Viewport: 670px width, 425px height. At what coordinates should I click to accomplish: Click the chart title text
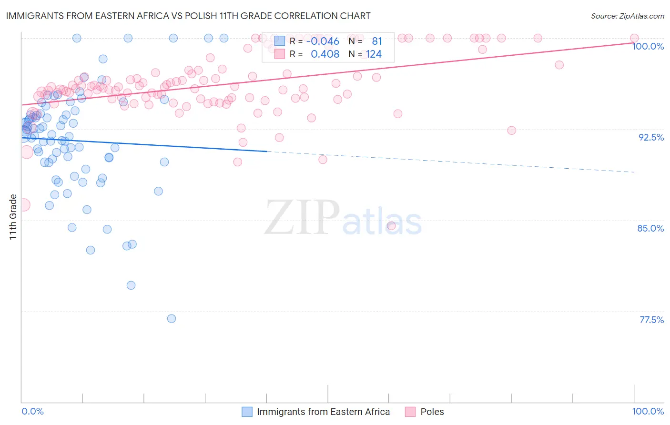[x=188, y=16]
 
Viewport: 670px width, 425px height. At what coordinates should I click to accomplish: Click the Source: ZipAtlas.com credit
[x=627, y=16]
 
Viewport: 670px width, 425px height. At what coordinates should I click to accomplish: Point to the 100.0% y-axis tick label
[x=648, y=46]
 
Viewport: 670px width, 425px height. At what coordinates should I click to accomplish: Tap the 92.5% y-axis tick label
[x=651, y=137]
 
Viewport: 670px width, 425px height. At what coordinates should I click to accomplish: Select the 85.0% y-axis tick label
[x=650, y=228]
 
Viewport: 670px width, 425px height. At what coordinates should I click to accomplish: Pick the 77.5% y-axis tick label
[x=651, y=320]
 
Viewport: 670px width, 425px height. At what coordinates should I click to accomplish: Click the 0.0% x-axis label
[x=32, y=411]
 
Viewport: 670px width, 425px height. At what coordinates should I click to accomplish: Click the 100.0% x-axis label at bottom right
[x=648, y=411]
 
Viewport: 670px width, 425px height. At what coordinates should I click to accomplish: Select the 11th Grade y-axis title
[x=13, y=217]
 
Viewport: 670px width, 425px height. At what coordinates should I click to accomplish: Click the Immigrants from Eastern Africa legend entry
[x=323, y=412]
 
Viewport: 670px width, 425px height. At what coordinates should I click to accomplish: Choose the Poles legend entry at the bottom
[x=432, y=412]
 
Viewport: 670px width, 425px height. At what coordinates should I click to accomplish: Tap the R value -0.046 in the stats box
[x=323, y=41]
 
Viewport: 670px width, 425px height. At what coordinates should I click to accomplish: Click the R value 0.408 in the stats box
[x=325, y=54]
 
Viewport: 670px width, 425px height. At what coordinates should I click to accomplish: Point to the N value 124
[x=374, y=54]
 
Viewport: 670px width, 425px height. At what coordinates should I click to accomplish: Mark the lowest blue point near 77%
[x=172, y=319]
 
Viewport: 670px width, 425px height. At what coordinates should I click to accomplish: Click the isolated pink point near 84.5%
[x=391, y=226]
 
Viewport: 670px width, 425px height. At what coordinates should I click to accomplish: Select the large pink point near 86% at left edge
[x=23, y=205]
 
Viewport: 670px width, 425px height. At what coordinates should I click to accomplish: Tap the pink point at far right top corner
[x=634, y=38]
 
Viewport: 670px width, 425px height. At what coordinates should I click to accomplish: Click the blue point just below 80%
[x=131, y=285]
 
